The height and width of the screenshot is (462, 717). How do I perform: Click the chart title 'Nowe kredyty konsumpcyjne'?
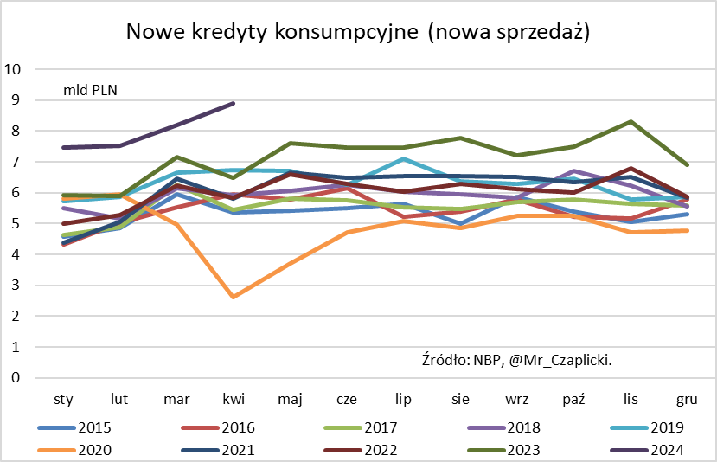pyautogui.click(x=358, y=32)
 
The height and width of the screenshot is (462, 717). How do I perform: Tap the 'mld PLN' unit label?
pyautogui.click(x=90, y=89)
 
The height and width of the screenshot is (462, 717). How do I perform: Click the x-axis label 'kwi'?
pyautogui.click(x=234, y=400)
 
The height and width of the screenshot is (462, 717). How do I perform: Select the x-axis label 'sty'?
pyautogui.click(x=63, y=400)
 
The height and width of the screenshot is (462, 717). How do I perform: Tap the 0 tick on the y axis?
pyautogui.click(x=15, y=378)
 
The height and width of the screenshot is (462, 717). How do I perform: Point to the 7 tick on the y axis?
pyautogui.click(x=15, y=162)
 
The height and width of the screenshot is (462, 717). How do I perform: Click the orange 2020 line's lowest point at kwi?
pyautogui.click(x=234, y=297)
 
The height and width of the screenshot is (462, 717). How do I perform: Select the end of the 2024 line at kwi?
pyautogui.click(x=234, y=103)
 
